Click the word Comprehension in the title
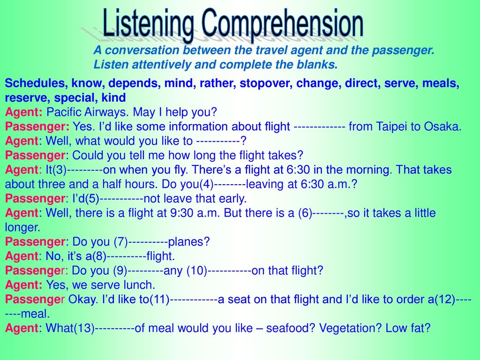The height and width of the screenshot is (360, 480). [x=282, y=23]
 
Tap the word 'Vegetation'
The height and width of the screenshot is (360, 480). [x=351, y=328]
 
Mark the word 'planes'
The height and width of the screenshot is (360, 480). [x=189, y=242]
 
